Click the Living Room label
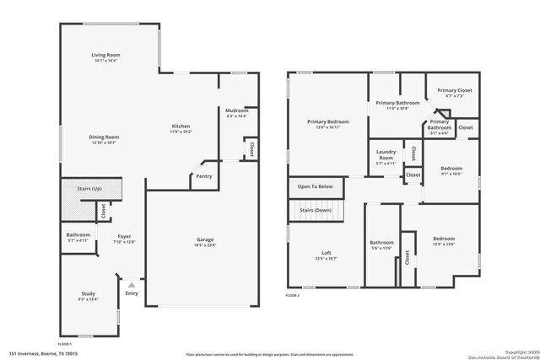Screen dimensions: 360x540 [105, 56]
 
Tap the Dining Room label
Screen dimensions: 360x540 [105, 137]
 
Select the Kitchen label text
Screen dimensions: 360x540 [181, 126]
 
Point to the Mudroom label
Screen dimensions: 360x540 [236, 110]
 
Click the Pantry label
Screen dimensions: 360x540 [203, 176]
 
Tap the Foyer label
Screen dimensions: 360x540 [124, 237]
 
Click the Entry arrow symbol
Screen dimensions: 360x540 [131, 286]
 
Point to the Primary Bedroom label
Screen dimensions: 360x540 [327, 121]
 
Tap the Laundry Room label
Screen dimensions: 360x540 [386, 156]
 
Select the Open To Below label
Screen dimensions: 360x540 [315, 186]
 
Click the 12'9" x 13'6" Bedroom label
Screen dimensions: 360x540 [444, 239]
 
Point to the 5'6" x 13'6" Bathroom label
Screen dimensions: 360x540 [381, 244]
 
